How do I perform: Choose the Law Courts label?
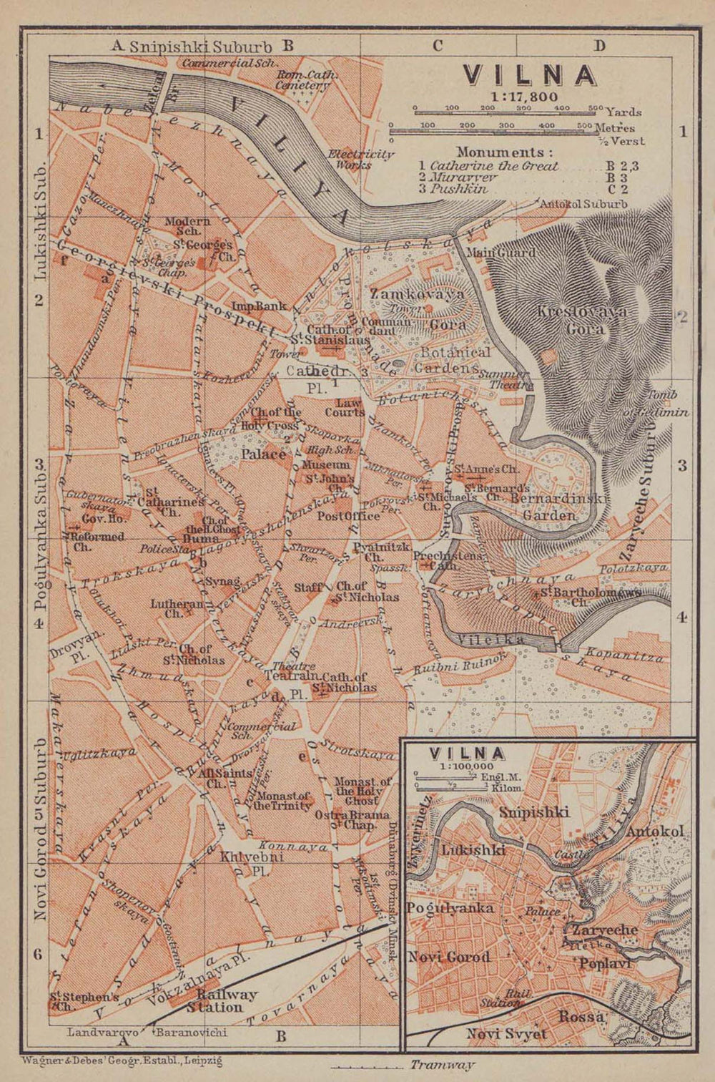345,407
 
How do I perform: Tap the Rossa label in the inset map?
581,1015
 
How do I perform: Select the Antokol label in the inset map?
655,832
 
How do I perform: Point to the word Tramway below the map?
448,1065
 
